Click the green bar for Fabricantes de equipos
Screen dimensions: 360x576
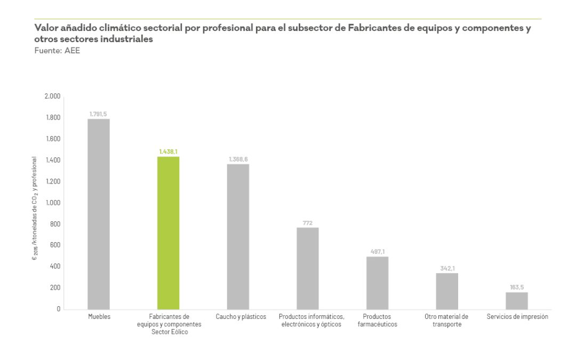(x=169, y=233)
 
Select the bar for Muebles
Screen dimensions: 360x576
(x=99, y=214)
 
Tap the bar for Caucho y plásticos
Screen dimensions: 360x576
(x=238, y=236)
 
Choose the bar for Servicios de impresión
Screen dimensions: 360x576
(x=516, y=300)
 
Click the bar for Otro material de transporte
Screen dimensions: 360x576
(x=447, y=291)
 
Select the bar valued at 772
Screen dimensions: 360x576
(x=308, y=268)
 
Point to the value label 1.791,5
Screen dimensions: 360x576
(x=99, y=114)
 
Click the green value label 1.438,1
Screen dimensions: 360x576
(x=169, y=151)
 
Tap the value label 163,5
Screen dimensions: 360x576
(x=516, y=287)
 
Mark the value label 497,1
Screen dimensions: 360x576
(x=377, y=252)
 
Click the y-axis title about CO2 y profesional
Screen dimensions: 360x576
(x=35, y=208)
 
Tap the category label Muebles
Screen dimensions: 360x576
(x=99, y=317)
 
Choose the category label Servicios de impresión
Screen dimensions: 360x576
(x=517, y=317)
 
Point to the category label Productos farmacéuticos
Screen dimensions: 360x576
(x=377, y=321)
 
